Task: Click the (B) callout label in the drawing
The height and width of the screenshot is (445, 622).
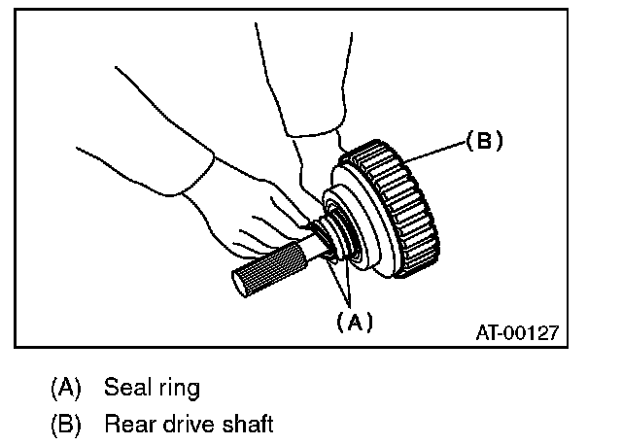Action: [484, 140]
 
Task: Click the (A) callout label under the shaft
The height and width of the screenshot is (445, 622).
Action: [354, 322]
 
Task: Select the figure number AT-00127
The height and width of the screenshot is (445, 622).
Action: [516, 332]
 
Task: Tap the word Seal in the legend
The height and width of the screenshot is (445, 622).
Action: [126, 389]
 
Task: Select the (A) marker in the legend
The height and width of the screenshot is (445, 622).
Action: [66, 390]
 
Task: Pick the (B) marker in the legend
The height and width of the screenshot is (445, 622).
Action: [66, 425]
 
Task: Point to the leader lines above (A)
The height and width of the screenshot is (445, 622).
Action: [342, 287]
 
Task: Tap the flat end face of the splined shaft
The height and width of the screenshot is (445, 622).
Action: [239, 285]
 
